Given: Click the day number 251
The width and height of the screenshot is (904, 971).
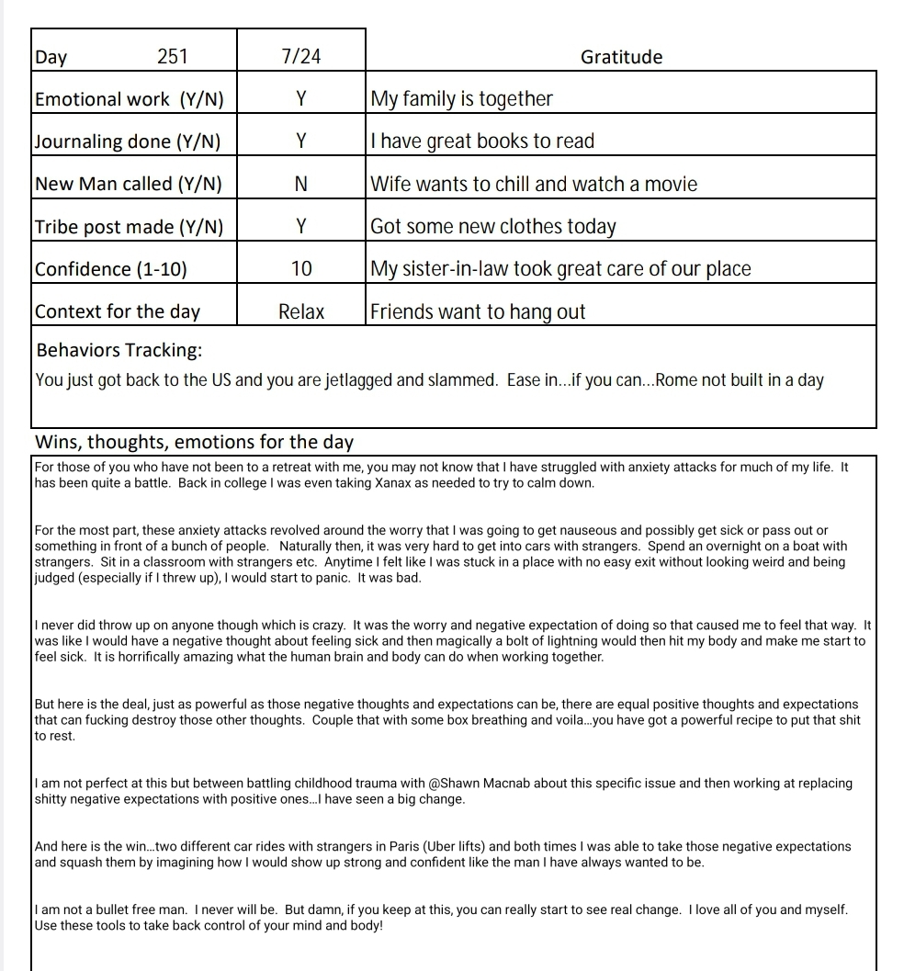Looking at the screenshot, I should [172, 57].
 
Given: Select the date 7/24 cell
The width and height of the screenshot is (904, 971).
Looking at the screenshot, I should [301, 57].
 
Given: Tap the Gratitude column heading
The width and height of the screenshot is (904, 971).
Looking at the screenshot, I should [621, 57].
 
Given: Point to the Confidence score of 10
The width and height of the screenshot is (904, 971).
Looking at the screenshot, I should [301, 269].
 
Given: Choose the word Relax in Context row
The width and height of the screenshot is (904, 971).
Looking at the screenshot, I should [301, 311].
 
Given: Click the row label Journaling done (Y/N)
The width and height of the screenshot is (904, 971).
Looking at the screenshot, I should [128, 141].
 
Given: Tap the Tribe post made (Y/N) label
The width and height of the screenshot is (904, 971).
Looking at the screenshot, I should [129, 226].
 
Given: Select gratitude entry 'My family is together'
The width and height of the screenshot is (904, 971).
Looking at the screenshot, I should [461, 99].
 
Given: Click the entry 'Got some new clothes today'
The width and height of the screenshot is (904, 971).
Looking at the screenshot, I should [493, 226].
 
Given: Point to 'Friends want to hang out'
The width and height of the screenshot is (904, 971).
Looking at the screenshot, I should [478, 311].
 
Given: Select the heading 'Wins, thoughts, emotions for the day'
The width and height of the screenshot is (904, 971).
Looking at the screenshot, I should [194, 442].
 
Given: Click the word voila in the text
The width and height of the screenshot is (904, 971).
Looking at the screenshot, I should [570, 720].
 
